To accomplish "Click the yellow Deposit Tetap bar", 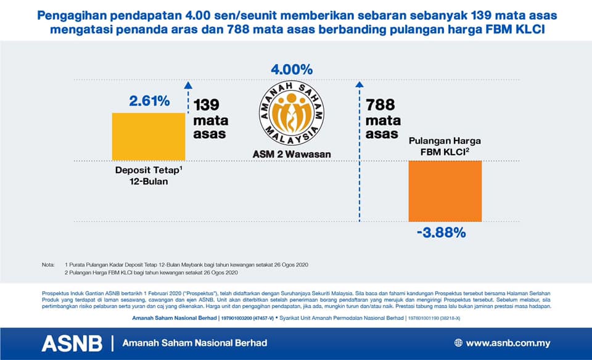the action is click(149, 137).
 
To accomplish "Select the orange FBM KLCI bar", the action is click(445, 191).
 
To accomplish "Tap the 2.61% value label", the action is click(149, 100).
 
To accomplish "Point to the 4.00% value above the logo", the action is click(292, 70).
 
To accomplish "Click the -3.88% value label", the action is click(442, 232).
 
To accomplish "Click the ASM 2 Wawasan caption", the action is click(292, 154).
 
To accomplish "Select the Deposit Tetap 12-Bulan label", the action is click(149, 176).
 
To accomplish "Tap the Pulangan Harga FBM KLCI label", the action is click(445, 146).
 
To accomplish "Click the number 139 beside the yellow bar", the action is click(207, 105).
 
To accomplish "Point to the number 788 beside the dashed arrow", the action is click(380, 105).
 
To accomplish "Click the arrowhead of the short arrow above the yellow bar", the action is click(188, 85).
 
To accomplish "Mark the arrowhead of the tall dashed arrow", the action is click(360, 84).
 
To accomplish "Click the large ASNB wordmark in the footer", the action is click(72, 343).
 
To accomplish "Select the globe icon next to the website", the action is click(458, 343).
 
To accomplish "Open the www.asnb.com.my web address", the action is click(508, 343).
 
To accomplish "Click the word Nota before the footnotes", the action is click(48, 264).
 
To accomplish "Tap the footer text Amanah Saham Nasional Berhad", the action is click(195, 343).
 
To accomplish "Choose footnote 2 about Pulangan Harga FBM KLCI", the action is click(151, 272).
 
